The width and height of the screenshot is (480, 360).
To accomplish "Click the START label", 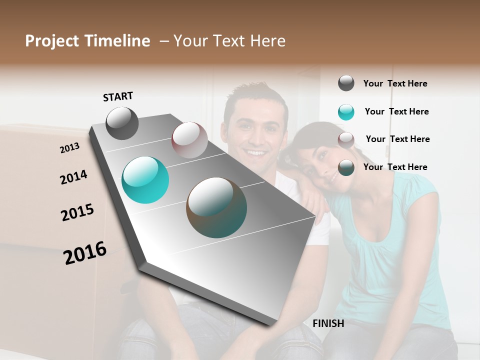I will tap(118, 96).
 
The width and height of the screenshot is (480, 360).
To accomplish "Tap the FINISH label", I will tap(328, 323).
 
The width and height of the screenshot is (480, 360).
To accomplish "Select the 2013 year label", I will tap(69, 148).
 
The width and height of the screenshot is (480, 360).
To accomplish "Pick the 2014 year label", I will tap(73, 177).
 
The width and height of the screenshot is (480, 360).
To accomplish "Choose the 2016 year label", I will tap(85, 252).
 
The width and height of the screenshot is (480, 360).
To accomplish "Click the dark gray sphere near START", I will tap(122, 123).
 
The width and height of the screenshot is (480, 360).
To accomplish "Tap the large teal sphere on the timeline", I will tap(145, 180).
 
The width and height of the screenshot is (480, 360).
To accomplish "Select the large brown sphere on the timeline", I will tap(216, 207).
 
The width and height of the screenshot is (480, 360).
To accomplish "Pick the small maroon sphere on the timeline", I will tap(189, 140).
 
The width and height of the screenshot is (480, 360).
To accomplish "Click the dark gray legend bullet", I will tap(346, 83).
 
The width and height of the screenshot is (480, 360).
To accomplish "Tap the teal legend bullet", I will tap(346, 112).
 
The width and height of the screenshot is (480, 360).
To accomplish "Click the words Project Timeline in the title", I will tap(87, 41).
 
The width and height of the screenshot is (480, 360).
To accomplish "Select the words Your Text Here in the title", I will tap(229, 41).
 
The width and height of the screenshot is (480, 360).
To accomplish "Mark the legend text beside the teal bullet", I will tap(396, 111).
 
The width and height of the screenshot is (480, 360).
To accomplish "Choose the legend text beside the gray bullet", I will tap(395, 83).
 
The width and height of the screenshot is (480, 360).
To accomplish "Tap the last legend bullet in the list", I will tap(346, 167).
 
